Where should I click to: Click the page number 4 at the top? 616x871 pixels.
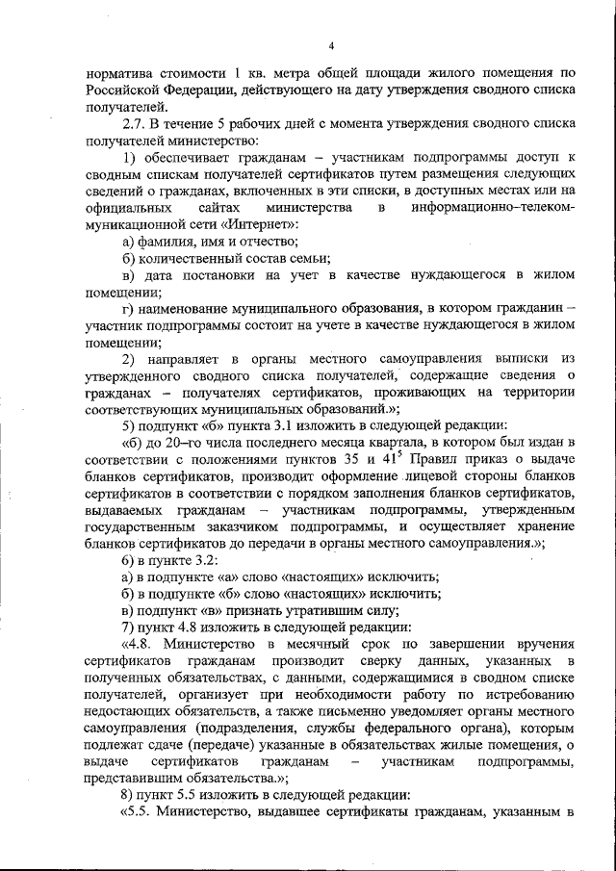click(330, 45)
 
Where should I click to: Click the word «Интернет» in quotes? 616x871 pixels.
click(265, 223)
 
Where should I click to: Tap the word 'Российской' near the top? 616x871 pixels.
click(122, 90)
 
